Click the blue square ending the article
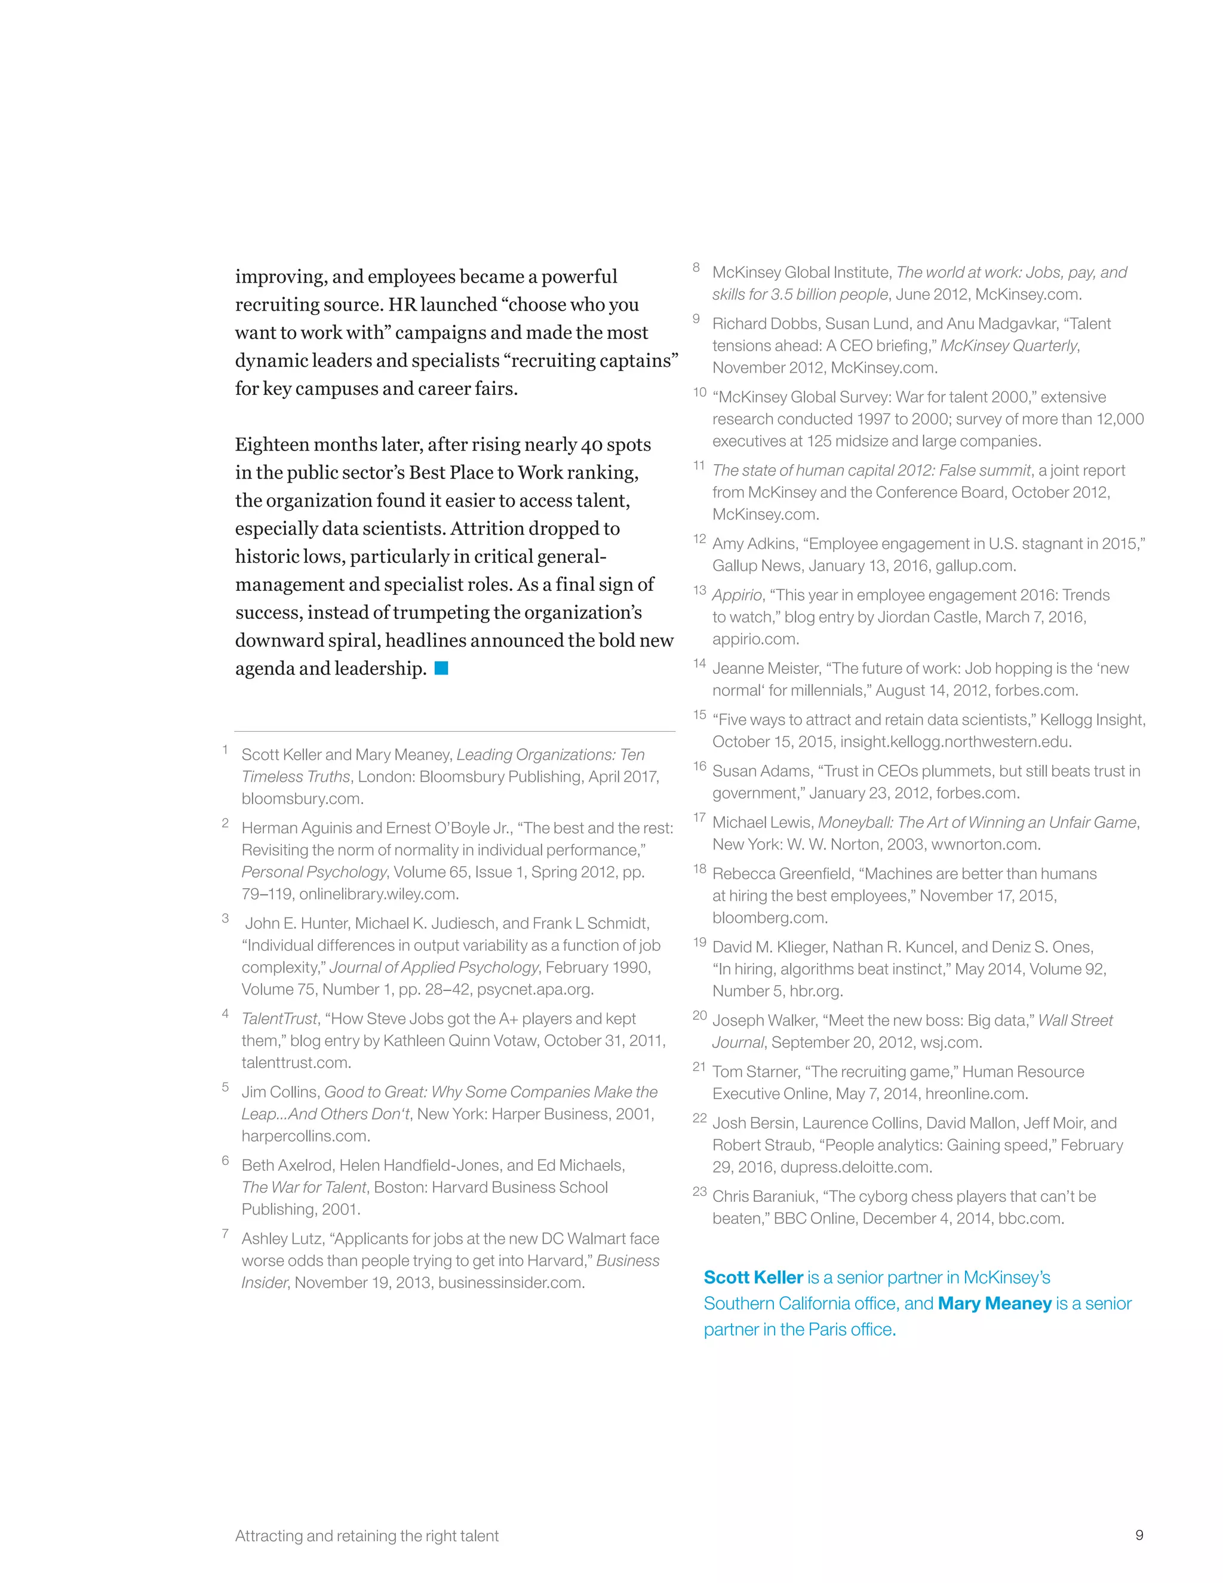tap(441, 668)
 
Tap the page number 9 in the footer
tap(1139, 1535)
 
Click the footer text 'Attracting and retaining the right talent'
tap(367, 1535)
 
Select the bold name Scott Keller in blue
tap(754, 1277)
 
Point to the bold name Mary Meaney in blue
tap(994, 1303)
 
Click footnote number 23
tap(699, 1192)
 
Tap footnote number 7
tap(225, 1234)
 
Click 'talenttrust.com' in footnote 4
tap(296, 1063)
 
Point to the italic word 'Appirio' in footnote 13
tap(737, 595)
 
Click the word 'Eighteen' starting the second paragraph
tap(269, 444)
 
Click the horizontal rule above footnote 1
tap(454, 731)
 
